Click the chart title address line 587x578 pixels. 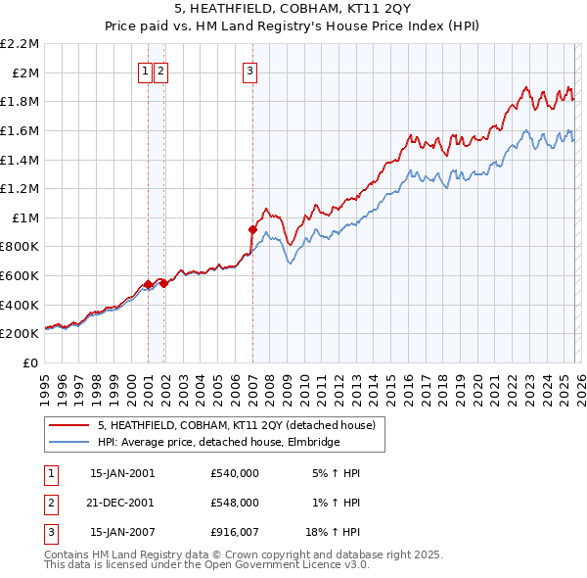click(x=293, y=8)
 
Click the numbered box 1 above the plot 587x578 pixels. click(x=145, y=70)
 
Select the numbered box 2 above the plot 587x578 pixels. click(x=160, y=70)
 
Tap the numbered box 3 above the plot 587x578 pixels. click(x=249, y=70)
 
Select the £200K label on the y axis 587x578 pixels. click(x=21, y=334)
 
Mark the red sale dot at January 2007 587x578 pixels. click(x=252, y=229)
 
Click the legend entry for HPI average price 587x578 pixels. click(x=217, y=443)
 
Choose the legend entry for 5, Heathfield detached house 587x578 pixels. click(x=242, y=425)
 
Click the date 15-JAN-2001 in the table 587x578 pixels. click(x=121, y=472)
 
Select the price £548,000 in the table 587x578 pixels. click(x=234, y=502)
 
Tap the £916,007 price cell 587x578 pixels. click(x=234, y=531)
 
